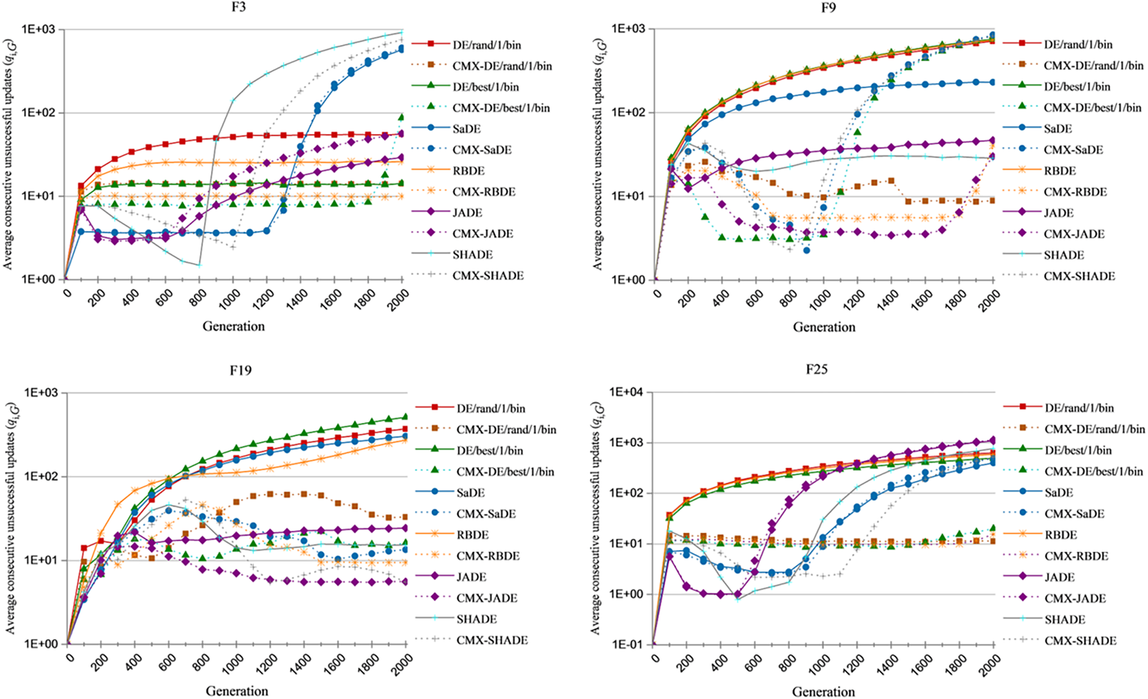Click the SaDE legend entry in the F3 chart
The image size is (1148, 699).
(466, 129)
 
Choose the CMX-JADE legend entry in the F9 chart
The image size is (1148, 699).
(1073, 234)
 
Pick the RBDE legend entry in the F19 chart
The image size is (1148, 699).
(472, 535)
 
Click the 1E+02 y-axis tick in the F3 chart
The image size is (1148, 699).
(41, 112)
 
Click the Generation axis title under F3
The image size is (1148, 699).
(233, 326)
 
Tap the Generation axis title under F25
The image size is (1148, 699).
(823, 692)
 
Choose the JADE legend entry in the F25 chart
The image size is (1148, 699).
(1059, 577)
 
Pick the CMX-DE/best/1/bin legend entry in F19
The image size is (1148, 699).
(505, 471)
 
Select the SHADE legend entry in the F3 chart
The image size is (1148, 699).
(472, 255)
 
